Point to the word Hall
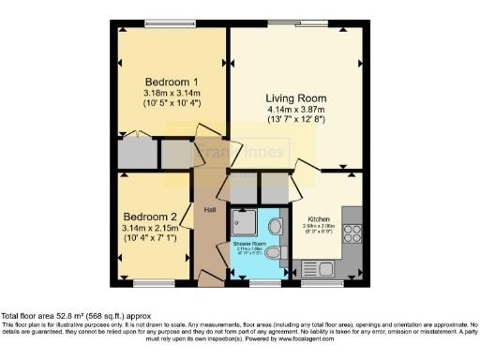click(x=211, y=209)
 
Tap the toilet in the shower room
click(x=275, y=226)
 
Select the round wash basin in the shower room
click(x=271, y=253)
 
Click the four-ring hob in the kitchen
click(x=353, y=233)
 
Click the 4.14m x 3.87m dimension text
click(x=293, y=110)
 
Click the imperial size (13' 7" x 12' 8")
click(x=293, y=119)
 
